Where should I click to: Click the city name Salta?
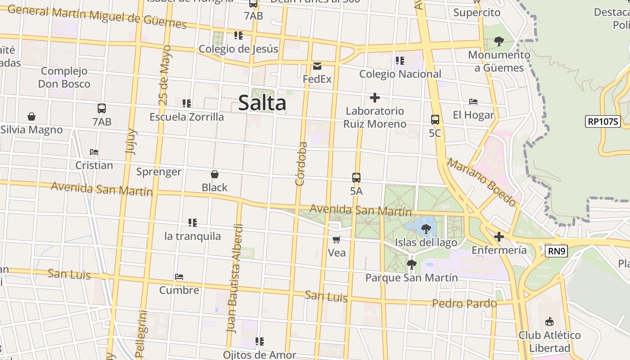coord(262,103)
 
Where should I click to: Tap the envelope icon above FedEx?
coord(317,67)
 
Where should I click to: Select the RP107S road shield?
coord(603,121)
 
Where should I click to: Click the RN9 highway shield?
coord(556,251)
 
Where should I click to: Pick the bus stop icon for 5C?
coord(435,120)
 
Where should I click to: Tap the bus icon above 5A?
coord(356,177)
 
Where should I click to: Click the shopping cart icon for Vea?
coord(337,239)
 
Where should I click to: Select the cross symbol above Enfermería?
coord(499,237)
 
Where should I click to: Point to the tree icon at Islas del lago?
coord(426,229)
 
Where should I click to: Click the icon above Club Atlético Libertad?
coord(549,322)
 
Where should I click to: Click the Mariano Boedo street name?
coord(481,182)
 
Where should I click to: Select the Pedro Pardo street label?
coord(464,303)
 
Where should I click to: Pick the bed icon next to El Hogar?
coord(473,102)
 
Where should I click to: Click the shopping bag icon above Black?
coord(215,174)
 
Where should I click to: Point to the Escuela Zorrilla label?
coord(186,117)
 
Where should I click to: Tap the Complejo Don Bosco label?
coord(64,77)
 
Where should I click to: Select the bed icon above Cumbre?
coord(179,277)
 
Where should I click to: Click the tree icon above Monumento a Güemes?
coord(499,41)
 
